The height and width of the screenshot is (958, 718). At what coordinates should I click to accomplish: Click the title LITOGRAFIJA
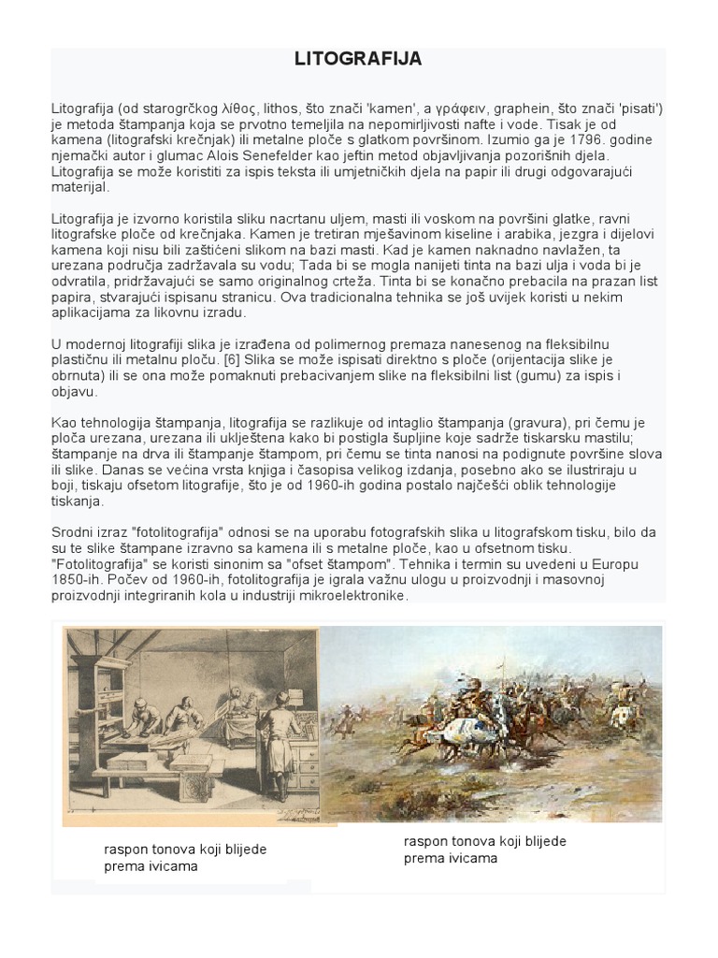[x=358, y=60]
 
